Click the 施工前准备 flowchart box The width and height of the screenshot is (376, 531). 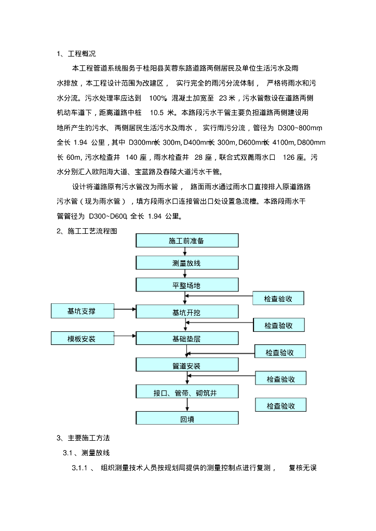point(187,241)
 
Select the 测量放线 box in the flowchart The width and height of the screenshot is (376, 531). point(187,263)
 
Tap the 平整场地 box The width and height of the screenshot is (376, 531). point(187,285)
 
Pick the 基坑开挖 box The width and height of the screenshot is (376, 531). point(187,312)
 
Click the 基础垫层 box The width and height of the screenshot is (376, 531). point(187,339)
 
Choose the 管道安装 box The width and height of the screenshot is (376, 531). point(187,366)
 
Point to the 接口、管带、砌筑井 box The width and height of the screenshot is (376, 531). point(187,393)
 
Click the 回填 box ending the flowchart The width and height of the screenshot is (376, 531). point(187,419)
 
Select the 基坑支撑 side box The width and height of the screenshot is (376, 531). point(82,311)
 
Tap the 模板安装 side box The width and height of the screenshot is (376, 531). point(82,339)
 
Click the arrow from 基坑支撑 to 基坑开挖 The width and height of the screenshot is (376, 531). point(124,310)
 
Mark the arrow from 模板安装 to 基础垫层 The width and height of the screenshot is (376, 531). point(124,337)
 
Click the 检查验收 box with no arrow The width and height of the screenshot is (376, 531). point(280,406)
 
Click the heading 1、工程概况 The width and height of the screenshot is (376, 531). point(76,53)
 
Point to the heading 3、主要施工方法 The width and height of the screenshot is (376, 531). point(84,438)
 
